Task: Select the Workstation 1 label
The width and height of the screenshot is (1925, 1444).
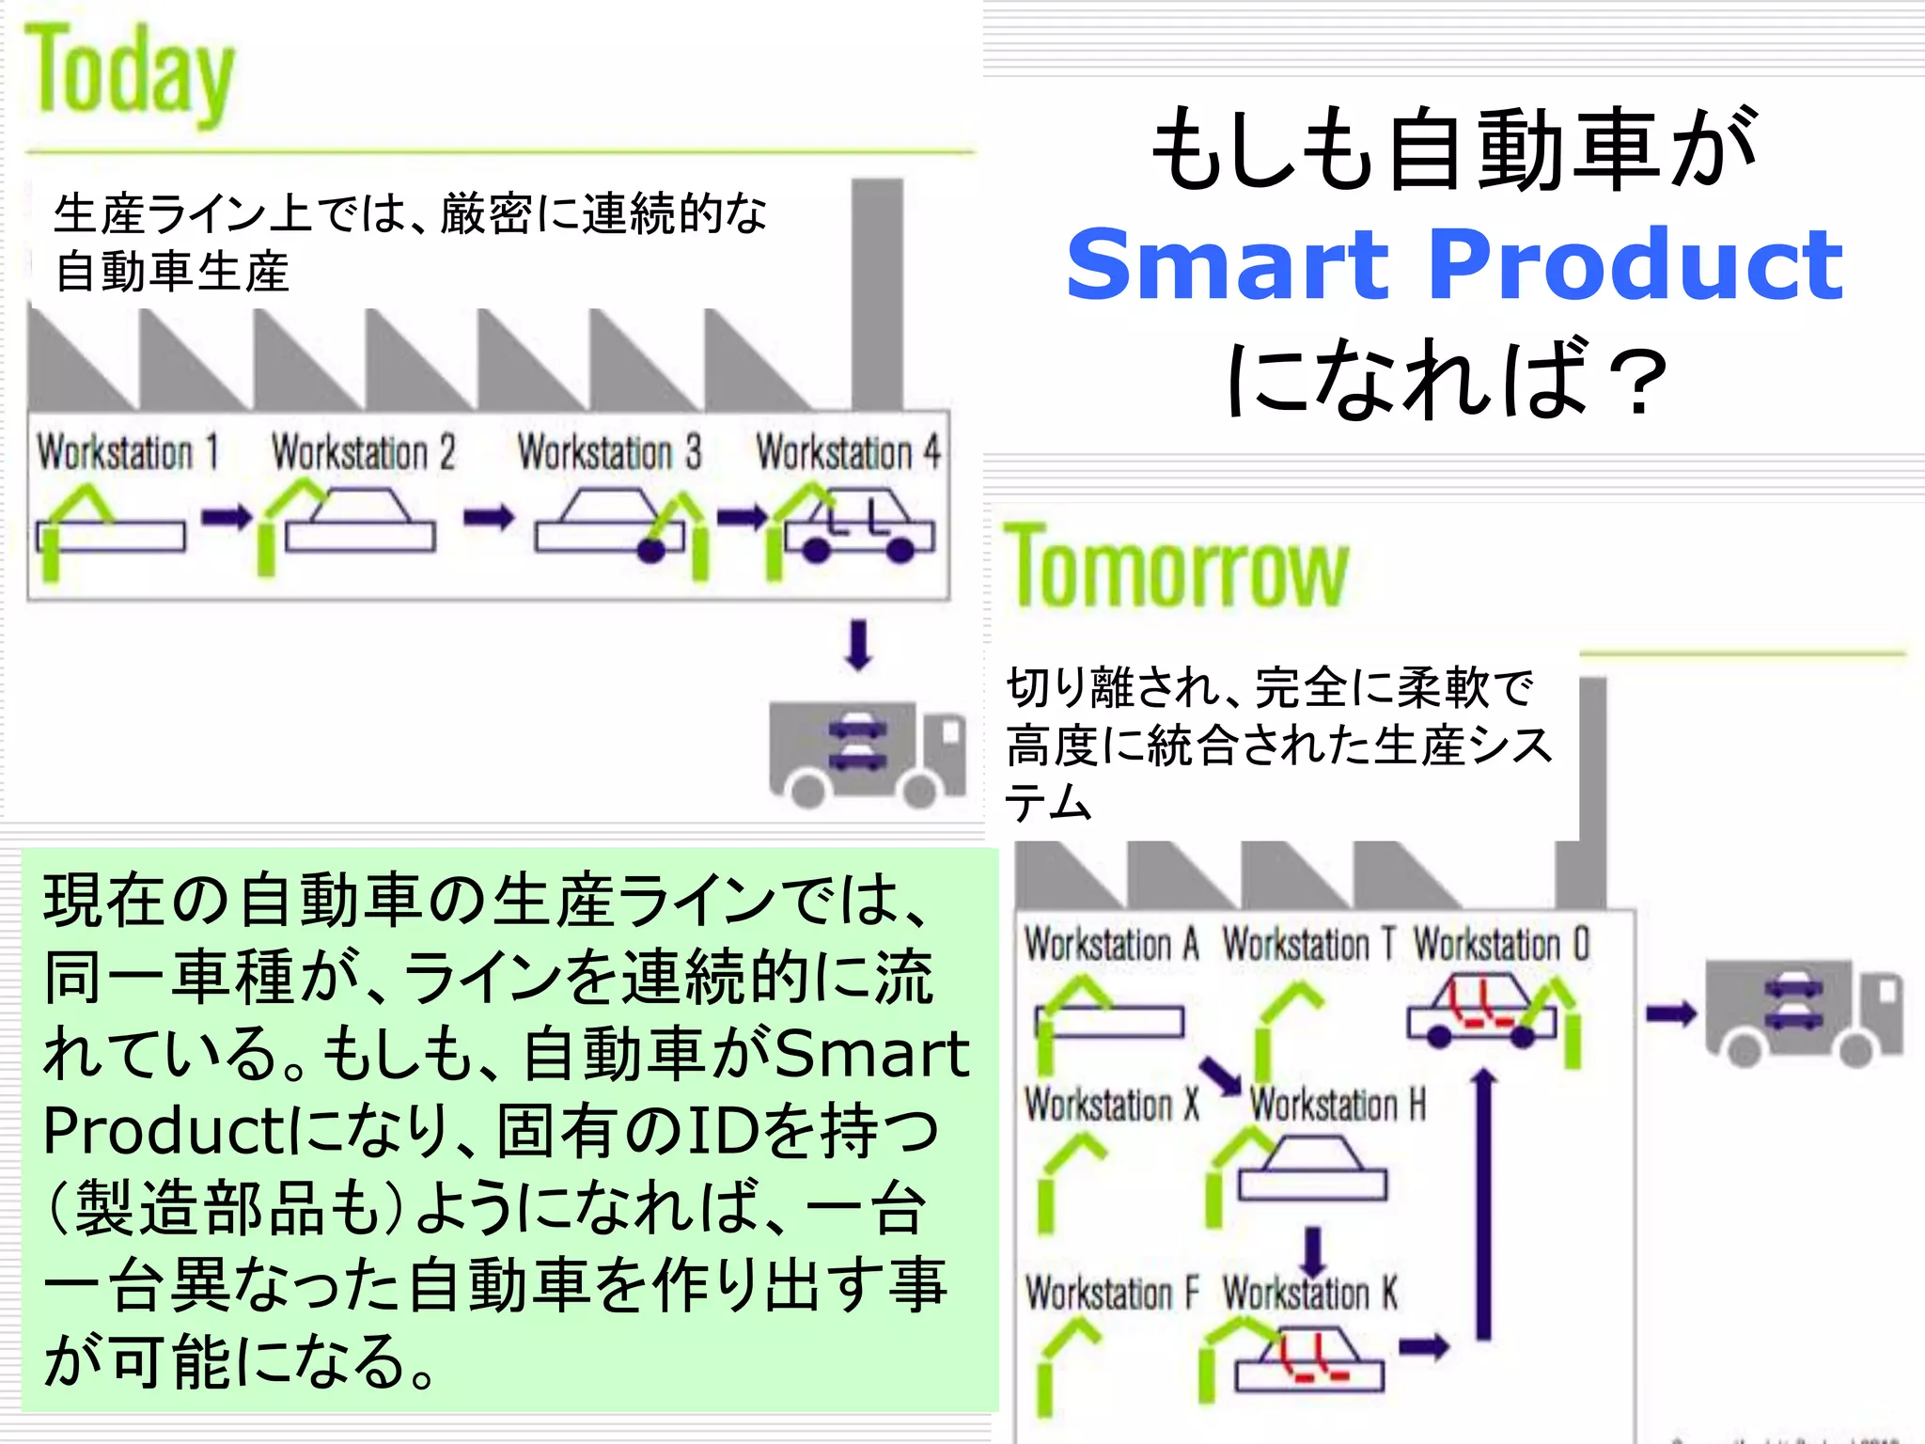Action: [128, 452]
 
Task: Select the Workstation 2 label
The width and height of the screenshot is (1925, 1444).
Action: [363, 452]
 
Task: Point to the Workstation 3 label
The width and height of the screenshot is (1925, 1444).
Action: [609, 452]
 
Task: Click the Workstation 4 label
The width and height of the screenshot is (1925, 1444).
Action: [848, 452]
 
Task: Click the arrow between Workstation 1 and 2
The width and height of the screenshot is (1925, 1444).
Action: [227, 516]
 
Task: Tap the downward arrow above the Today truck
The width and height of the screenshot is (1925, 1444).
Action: [858, 645]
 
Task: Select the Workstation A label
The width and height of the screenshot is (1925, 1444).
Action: [1111, 944]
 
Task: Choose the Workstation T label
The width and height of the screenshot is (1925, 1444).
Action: [1308, 944]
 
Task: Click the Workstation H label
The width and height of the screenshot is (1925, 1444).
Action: [1337, 1105]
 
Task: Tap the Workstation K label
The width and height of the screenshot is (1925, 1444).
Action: [1309, 1294]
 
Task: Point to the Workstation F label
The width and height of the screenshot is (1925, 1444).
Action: [1111, 1294]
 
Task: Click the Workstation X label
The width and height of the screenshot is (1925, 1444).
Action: [1111, 1105]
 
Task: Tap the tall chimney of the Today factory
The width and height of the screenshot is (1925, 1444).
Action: [877, 291]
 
